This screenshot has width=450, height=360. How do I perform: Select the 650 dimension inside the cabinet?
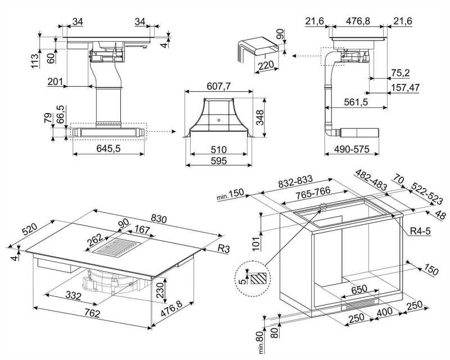[x=359, y=289]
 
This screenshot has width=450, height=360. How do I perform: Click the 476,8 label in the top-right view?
[x=358, y=21]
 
